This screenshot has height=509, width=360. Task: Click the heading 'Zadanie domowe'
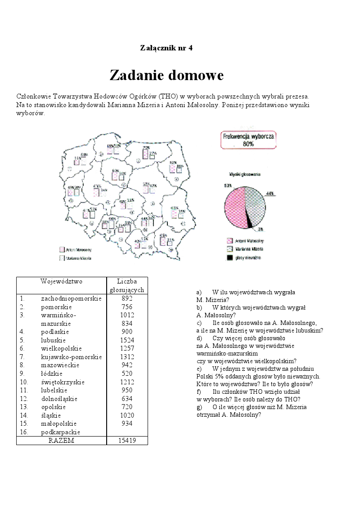point(166,75)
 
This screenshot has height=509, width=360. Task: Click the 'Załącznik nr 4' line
point(166,48)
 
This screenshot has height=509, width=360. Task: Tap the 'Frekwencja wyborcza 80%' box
point(248,140)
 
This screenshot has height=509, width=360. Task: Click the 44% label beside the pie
point(270,193)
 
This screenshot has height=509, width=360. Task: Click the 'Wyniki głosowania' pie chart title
point(243,174)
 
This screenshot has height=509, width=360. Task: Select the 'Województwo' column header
point(61,282)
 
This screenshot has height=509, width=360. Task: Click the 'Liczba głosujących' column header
point(126,285)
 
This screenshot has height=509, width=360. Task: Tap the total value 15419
point(127,441)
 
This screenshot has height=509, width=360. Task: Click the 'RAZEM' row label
point(61,441)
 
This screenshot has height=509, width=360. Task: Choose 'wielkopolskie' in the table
point(61,348)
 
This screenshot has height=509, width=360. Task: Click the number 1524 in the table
point(127,340)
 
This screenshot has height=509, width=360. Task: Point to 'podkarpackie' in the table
point(61,432)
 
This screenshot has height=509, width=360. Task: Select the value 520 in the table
point(127,374)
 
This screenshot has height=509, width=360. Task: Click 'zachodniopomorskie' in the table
point(71,298)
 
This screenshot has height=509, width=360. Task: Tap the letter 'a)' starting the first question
point(199,292)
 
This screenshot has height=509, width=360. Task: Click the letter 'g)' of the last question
point(199,407)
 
